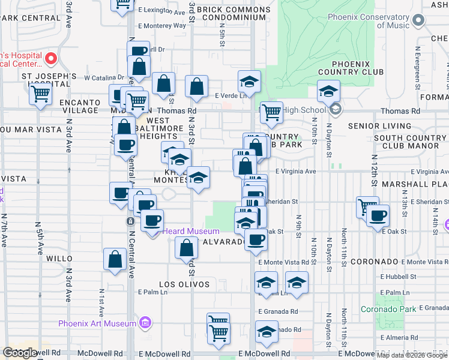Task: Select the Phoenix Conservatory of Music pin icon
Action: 420,21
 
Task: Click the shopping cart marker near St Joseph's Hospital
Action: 40,94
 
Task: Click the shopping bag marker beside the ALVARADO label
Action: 186,247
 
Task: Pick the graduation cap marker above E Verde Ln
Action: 249,82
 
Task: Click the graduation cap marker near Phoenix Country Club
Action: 328,91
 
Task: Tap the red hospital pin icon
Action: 51,59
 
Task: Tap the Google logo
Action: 20,353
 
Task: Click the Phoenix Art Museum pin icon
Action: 144,323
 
